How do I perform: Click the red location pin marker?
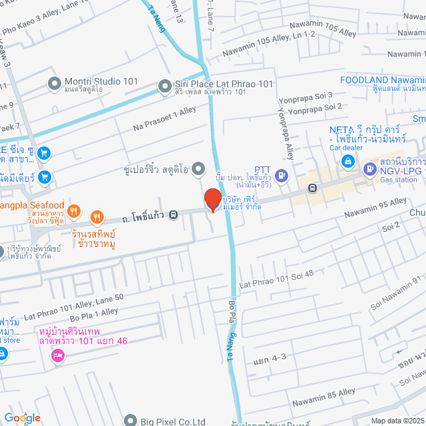tap(212, 199)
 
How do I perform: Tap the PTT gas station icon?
tap(282, 176)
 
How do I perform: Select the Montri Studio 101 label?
tap(101, 82)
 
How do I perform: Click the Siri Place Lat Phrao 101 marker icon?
tap(164, 85)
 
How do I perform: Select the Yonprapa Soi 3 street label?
tap(308, 95)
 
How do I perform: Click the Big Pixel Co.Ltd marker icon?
tap(131, 421)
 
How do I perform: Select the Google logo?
tap(22, 417)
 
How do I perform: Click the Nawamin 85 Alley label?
tap(322, 393)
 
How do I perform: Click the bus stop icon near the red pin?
tap(173, 214)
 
